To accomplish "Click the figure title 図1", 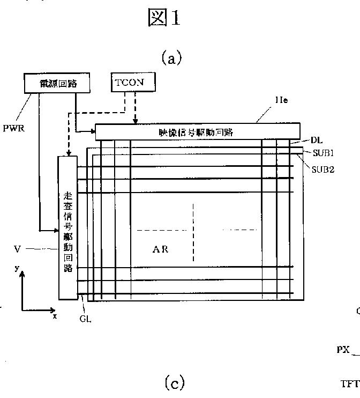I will (164, 18).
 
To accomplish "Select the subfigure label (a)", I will (171, 58).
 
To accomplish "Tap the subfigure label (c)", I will (174, 383).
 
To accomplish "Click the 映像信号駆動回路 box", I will (197, 131).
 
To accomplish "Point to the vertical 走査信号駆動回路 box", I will (67, 227).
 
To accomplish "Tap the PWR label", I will (13, 129).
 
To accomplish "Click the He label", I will (282, 100).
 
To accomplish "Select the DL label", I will (316, 141).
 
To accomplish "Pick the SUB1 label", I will (324, 152).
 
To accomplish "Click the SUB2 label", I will (324, 169).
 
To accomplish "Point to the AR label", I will (161, 249).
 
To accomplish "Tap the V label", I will (17, 249).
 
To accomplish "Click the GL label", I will (85, 319).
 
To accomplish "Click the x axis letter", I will (55, 316).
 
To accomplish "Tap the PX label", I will (343, 350).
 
